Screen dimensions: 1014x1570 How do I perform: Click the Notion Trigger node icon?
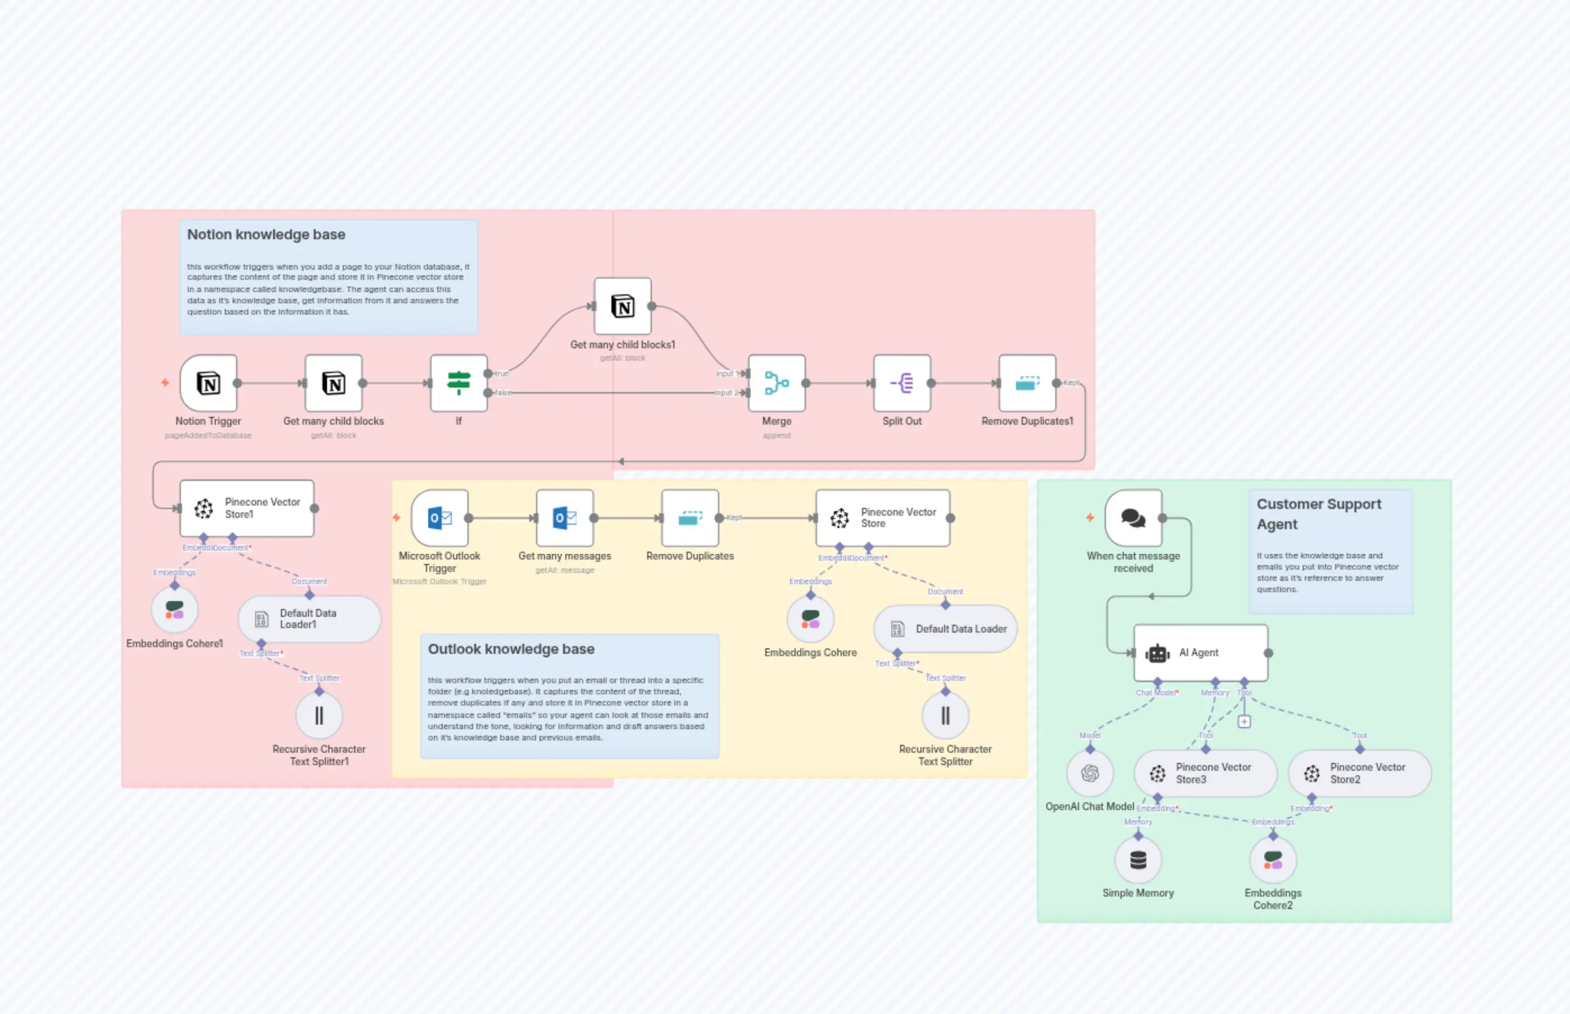[208, 383]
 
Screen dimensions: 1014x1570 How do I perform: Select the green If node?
[459, 383]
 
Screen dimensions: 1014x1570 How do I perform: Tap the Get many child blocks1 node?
[623, 306]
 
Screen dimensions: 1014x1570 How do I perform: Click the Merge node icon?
[777, 383]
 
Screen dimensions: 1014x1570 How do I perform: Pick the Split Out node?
[901, 383]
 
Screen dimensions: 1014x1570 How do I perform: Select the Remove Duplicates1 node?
[1027, 383]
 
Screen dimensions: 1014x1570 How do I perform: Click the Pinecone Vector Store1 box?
[247, 508]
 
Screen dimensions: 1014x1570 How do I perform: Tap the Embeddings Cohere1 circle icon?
[175, 610]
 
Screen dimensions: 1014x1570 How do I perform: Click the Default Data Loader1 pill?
[309, 619]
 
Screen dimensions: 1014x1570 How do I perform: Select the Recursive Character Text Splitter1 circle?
[319, 716]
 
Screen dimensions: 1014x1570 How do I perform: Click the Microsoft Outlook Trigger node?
[439, 518]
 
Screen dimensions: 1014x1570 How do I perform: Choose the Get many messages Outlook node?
[564, 518]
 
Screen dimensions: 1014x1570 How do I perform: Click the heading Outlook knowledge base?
[511, 649]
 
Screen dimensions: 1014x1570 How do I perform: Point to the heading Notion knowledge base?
[266, 234]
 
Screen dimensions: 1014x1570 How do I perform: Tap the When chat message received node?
[1133, 518]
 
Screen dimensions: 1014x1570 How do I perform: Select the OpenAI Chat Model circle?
[1090, 773]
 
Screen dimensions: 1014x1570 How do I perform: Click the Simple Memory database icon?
[1138, 861]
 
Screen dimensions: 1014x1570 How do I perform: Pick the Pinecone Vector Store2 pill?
[1359, 774]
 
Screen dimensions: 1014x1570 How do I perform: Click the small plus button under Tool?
[1244, 722]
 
